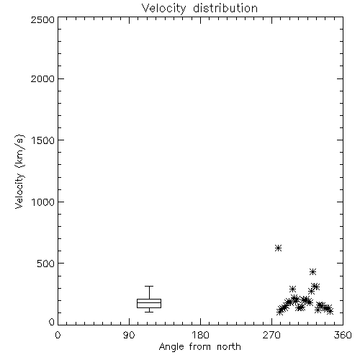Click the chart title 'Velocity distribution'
(199, 9)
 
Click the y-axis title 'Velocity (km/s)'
(19, 171)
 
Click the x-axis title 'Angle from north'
(199, 347)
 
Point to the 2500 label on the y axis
(42, 19)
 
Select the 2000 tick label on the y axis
(42, 78)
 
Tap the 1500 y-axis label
(43, 140)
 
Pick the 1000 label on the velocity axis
(43, 202)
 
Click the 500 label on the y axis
(45, 264)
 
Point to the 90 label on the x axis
(129, 335)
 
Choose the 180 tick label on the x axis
(200, 335)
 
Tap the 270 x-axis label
(271, 335)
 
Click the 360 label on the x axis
(343, 335)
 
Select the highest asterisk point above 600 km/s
(278, 248)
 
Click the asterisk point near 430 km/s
(312, 271)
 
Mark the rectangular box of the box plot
(149, 300)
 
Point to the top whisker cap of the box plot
(149, 286)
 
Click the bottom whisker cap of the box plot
(149, 312)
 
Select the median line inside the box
(149, 302)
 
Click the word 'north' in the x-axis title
(229, 347)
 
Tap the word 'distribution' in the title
(225, 9)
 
